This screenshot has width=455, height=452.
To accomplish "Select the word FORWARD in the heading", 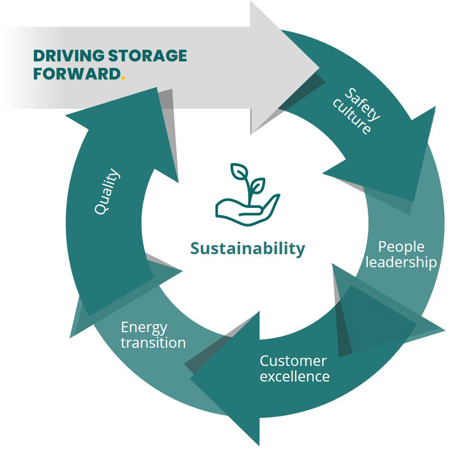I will (x=76, y=73).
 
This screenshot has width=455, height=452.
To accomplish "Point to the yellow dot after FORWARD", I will (x=123, y=78).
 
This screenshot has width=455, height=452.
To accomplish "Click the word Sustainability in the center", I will (x=248, y=249).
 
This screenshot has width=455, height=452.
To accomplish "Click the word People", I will (x=401, y=247).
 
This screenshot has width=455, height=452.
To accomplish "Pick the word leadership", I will (x=401, y=262).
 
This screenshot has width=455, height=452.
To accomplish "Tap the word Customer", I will (x=293, y=361).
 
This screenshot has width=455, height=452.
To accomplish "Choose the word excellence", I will (x=294, y=376).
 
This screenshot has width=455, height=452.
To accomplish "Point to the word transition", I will (x=153, y=343).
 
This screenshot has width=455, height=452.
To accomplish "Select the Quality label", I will (x=108, y=192).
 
